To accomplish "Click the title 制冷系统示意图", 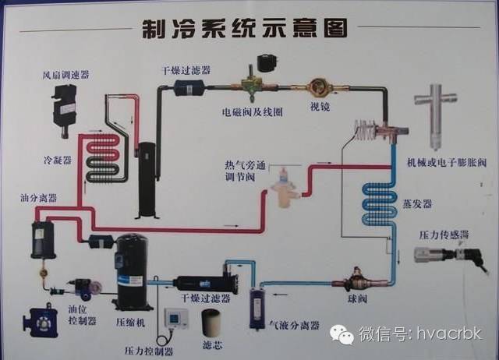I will [242, 29].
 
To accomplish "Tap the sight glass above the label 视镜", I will [318, 85].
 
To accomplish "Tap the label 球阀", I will [357, 298].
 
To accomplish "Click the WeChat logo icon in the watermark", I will [342, 334].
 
